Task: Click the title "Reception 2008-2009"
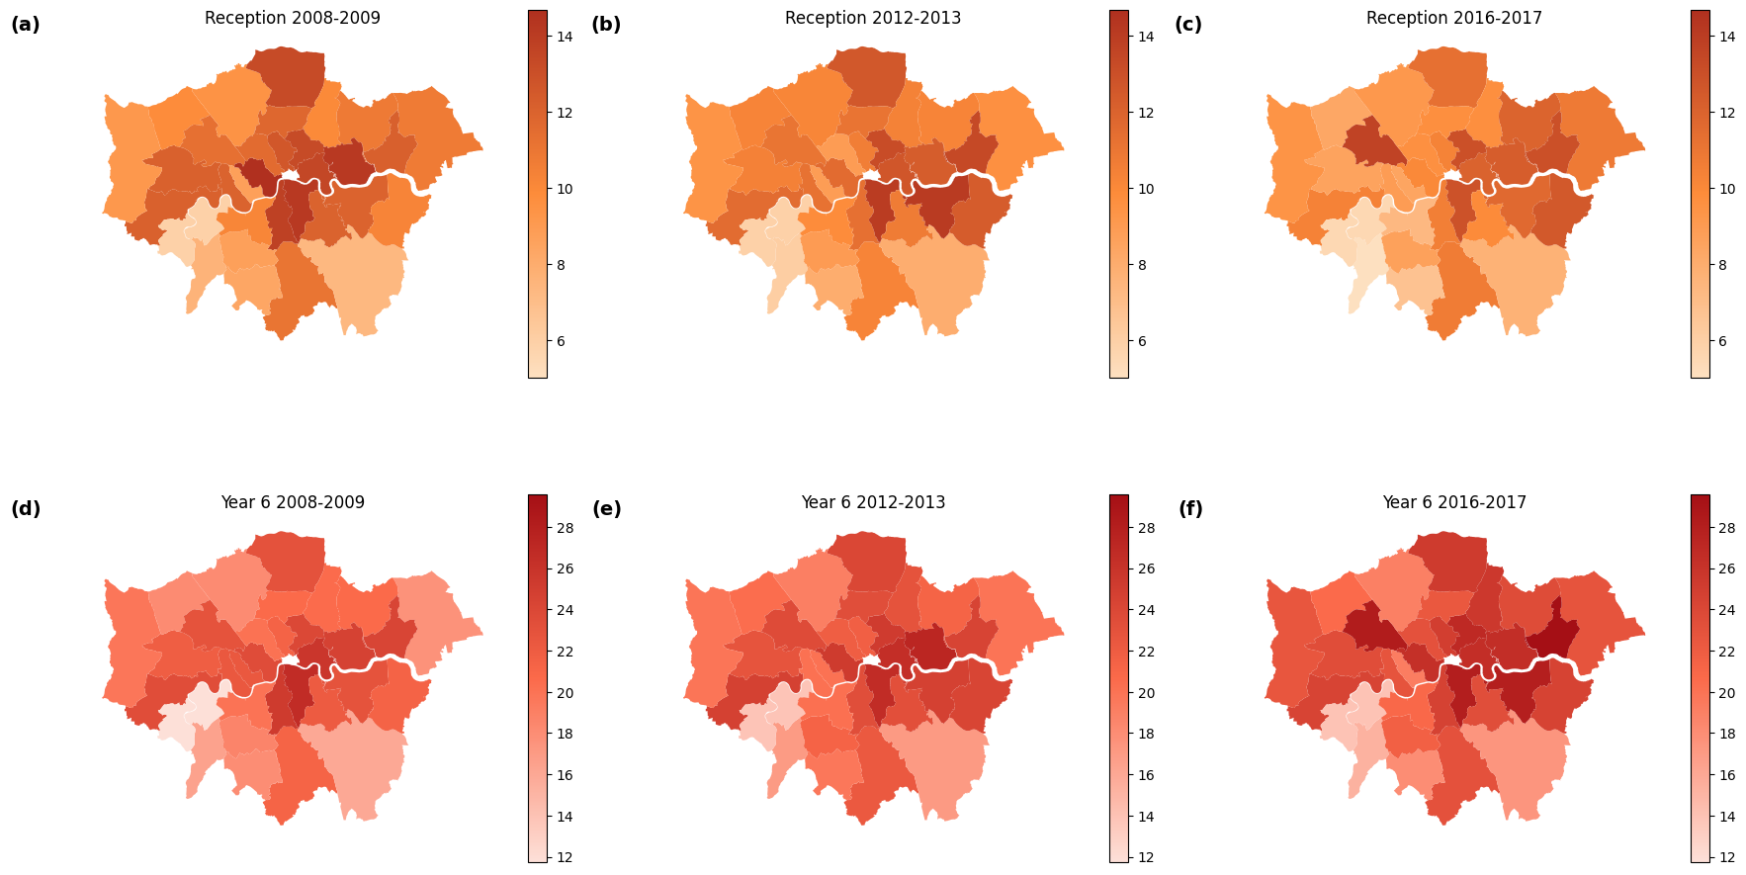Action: pyautogui.click(x=292, y=19)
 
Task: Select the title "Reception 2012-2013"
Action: pyautogui.click(x=872, y=19)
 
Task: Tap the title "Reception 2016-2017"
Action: pyautogui.click(x=1453, y=19)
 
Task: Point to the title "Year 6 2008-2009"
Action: pyautogui.click(x=292, y=503)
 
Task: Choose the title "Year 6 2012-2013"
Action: pyautogui.click(x=872, y=503)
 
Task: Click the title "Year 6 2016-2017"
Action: pyautogui.click(x=1453, y=503)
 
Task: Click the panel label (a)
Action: pyautogui.click(x=26, y=26)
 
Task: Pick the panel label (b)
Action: pyautogui.click(x=606, y=26)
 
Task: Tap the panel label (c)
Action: pyautogui.click(x=1187, y=26)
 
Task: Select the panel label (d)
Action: pyautogui.click(x=26, y=510)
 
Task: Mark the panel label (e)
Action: pyautogui.click(x=606, y=510)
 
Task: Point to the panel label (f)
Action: pyautogui.click(x=1190, y=510)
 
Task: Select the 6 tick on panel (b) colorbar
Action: pyautogui.click(x=1142, y=341)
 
